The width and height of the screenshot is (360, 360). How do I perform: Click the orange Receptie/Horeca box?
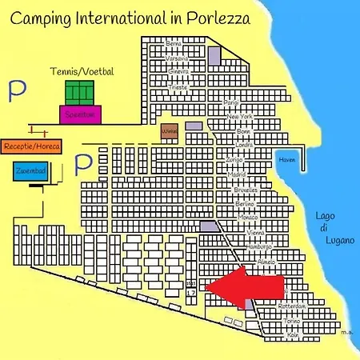[x=32, y=146]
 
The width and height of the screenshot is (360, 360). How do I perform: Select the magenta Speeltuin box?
[x=80, y=114]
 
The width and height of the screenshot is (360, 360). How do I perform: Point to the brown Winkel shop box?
[x=168, y=132]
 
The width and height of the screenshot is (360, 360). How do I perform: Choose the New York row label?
[x=240, y=118]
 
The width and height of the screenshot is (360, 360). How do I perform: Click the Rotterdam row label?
[x=292, y=306]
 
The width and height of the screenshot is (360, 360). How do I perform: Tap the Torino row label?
[x=292, y=321]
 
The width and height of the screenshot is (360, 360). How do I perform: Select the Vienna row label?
[x=256, y=233]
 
